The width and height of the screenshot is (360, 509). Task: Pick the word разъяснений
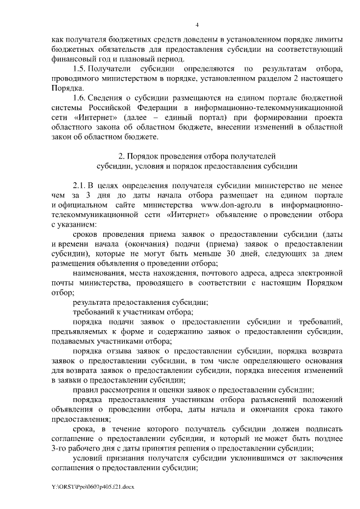pyautogui.click(x=254, y=399)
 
